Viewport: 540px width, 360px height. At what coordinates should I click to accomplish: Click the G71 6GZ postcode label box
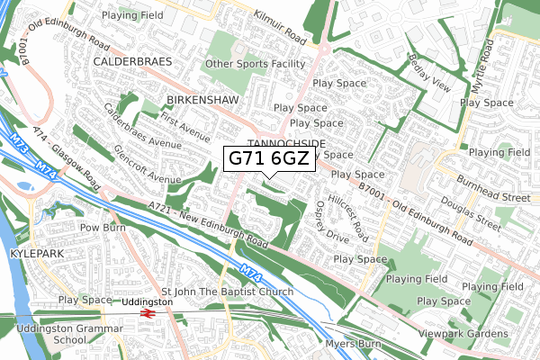point(269,159)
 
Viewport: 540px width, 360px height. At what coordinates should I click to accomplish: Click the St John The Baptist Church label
point(227,292)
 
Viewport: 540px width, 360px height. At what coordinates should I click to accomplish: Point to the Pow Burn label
point(101,229)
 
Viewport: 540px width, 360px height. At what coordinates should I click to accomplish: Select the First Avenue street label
point(184,122)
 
